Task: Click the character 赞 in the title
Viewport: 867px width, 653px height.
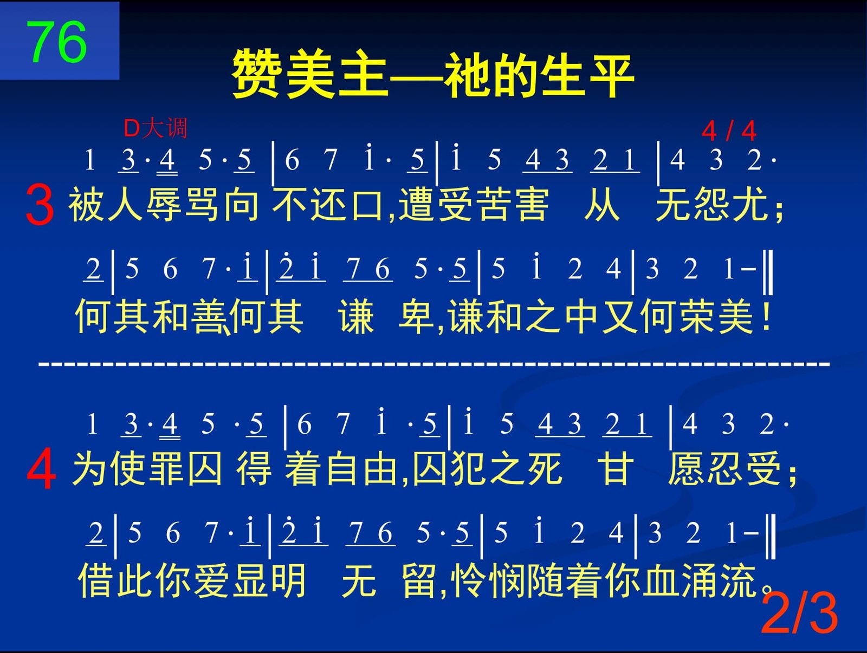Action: tap(256, 74)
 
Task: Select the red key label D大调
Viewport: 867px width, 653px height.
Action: tap(155, 128)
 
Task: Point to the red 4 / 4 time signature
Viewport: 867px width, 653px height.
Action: tap(729, 131)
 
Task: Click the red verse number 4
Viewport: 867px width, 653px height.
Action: tap(41, 469)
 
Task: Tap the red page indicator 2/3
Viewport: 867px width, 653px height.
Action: tap(799, 614)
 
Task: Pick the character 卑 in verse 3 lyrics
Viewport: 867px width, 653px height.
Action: tap(417, 317)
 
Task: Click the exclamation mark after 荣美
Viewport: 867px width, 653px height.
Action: tap(767, 316)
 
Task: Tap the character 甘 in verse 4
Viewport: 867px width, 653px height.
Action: tap(616, 468)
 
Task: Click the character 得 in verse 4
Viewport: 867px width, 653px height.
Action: tap(254, 468)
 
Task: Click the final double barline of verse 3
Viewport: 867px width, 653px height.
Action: tap(768, 272)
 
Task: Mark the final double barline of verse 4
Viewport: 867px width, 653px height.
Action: tap(771, 537)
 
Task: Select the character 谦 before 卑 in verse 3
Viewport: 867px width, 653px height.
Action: tap(356, 317)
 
